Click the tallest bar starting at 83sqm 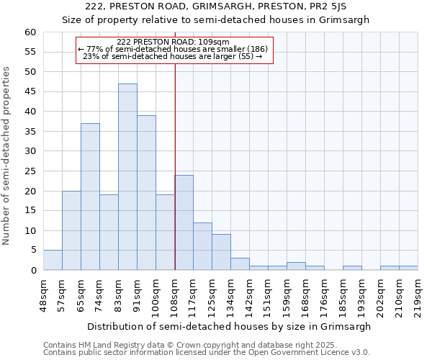pos(127,177)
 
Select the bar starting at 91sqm pos(146,193)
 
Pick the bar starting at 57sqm pos(71,230)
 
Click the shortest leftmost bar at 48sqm pos(53,261)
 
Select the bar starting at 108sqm pos(184,222)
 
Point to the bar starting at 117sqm pos(202,246)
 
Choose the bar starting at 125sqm pos(221,252)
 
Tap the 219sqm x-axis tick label pos(418,293)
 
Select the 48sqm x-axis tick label pos(44,293)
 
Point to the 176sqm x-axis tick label pos(325,293)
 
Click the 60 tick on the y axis pos(30,32)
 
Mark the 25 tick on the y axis pos(30,171)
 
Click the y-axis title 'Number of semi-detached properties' pos(7,156)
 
